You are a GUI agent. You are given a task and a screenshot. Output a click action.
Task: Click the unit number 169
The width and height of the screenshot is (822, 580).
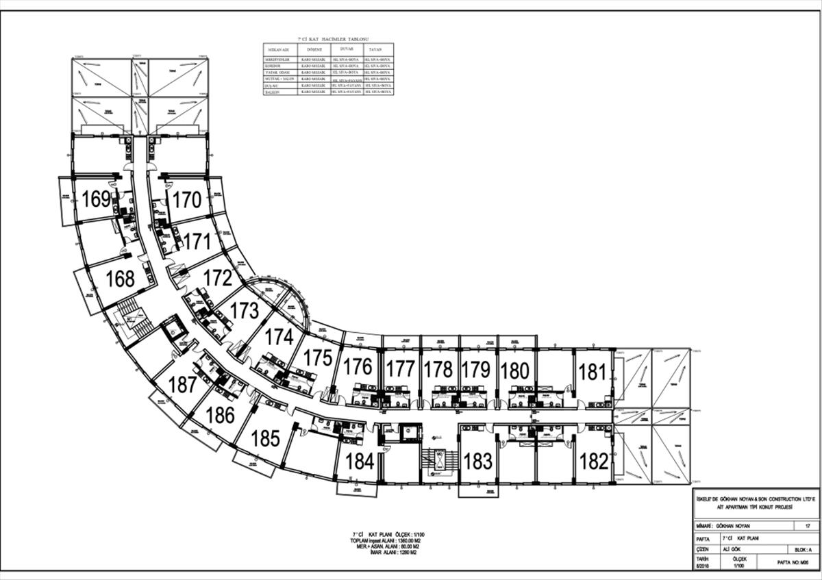96,199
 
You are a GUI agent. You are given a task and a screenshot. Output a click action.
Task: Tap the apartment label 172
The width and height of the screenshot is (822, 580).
218,278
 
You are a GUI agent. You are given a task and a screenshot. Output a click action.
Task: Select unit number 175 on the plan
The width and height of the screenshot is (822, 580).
318,358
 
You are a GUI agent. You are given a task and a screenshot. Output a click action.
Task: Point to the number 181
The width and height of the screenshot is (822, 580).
593,373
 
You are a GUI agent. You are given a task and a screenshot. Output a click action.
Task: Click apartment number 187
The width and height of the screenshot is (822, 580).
182,385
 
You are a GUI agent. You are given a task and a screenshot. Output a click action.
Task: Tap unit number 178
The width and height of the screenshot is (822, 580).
438,370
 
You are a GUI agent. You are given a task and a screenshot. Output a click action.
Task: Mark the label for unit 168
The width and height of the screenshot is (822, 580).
120,279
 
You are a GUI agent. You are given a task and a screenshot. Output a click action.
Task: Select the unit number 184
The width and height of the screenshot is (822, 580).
360,461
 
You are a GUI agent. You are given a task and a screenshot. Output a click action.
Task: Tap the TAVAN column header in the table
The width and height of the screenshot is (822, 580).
375,50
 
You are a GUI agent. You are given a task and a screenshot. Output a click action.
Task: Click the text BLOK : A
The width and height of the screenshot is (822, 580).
799,549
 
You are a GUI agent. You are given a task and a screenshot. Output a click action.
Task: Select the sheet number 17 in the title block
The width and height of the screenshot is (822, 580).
808,526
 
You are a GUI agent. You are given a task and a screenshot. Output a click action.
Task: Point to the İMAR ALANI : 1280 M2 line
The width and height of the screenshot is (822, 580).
388,552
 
